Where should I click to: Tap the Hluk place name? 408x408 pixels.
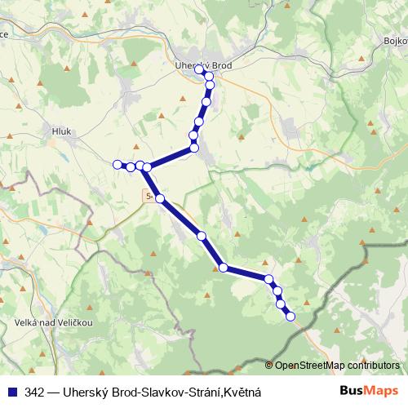pyautogui.click(x=62, y=130)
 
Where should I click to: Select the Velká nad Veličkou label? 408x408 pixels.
pyautogui.click(x=48, y=322)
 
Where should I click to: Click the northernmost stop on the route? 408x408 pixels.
pyautogui.click(x=199, y=70)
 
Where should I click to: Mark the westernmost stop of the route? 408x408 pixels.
pyautogui.click(x=118, y=164)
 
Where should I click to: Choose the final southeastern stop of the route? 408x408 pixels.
pyautogui.click(x=290, y=317)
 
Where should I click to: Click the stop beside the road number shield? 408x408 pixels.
pyautogui.click(x=160, y=198)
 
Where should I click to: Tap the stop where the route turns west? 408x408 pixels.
pyautogui.click(x=194, y=148)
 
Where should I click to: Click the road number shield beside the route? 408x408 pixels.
pyautogui.click(x=148, y=196)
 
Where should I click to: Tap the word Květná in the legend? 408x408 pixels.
pyautogui.click(x=242, y=392)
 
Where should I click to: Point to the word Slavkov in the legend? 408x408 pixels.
pyautogui.click(x=162, y=392)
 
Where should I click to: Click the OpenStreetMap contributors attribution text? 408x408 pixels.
pyautogui.click(x=337, y=366)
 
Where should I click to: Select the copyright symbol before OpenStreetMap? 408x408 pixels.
pyautogui.click(x=269, y=366)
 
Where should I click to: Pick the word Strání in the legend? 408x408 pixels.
pyautogui.click(x=204, y=392)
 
